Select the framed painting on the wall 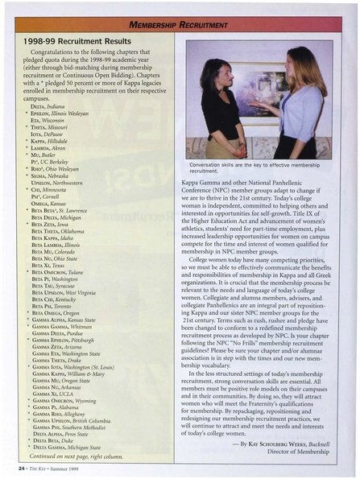pos(259,81)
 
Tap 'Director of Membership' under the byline pos(296,452)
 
